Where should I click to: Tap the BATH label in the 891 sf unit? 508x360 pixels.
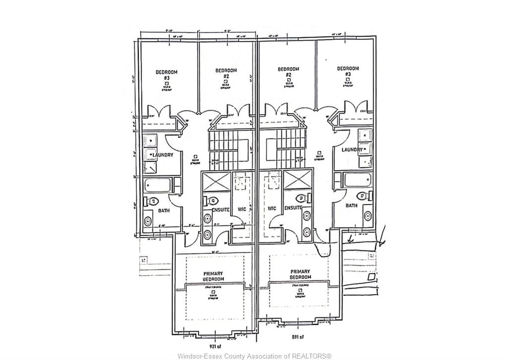point(351,205)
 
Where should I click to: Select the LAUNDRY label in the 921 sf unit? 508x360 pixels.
point(163,155)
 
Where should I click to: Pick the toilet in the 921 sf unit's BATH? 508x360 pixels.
point(151,201)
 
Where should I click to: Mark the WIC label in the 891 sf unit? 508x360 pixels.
point(272,209)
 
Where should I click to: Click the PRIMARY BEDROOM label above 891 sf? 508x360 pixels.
point(301,274)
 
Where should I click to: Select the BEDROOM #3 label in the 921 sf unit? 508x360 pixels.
point(166,75)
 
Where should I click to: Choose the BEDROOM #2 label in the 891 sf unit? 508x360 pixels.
point(288,72)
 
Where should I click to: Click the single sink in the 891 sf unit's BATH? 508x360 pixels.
point(367,215)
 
